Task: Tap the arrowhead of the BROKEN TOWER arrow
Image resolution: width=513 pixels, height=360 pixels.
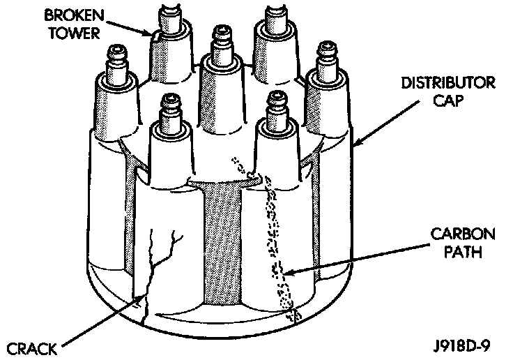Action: pyautogui.click(x=154, y=33)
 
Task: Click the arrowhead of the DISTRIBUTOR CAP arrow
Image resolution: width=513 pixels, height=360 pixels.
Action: pyautogui.click(x=356, y=146)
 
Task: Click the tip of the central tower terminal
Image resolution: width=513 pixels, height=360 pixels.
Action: pyautogui.click(x=222, y=32)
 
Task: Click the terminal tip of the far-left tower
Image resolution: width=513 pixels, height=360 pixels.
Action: pyautogui.click(x=114, y=51)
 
